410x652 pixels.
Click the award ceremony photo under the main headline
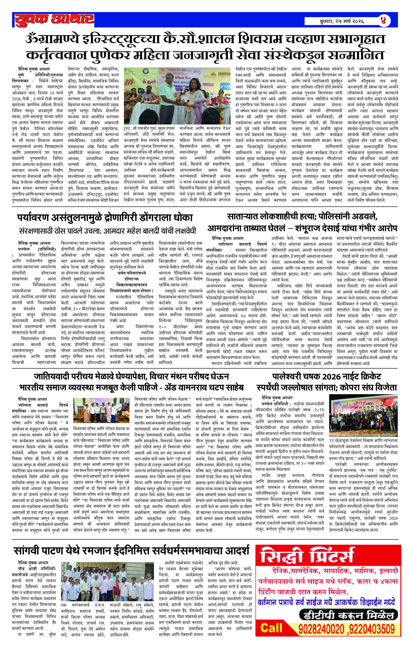pyautogui.click(x=177, y=95)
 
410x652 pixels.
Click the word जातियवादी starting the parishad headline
pyautogui.click(x=51, y=376)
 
